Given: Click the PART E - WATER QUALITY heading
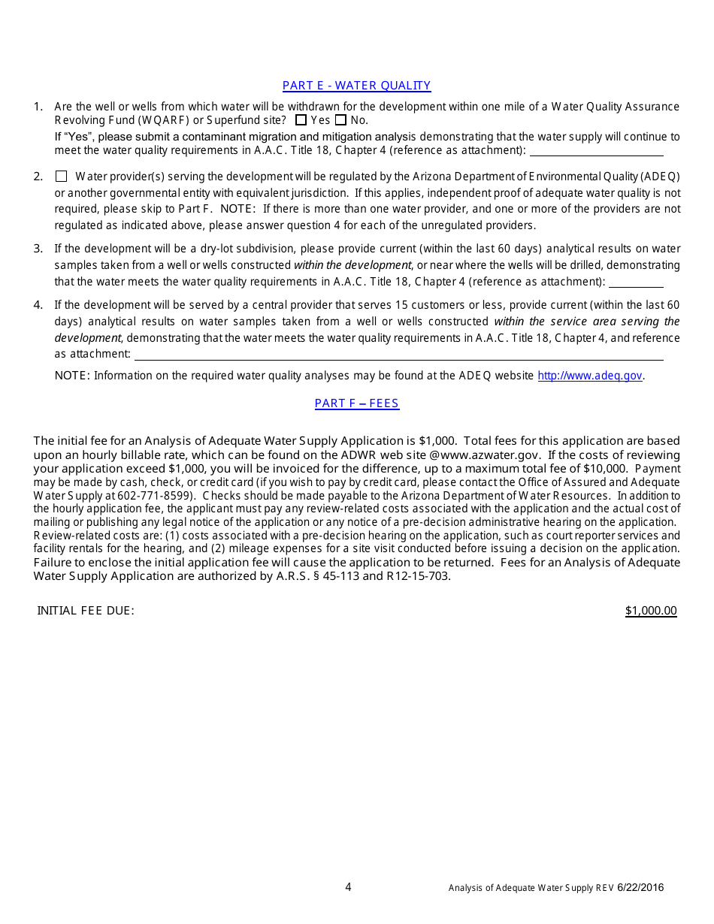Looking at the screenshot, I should click(x=356, y=86).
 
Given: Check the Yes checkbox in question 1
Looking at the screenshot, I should click(x=301, y=120).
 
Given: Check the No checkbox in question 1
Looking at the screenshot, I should click(x=340, y=120).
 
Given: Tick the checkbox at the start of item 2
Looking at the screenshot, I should click(x=62, y=177).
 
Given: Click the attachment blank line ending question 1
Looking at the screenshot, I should click(x=596, y=152).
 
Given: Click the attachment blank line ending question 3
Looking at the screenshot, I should click(x=636, y=282).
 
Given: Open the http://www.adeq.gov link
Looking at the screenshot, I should click(x=590, y=376).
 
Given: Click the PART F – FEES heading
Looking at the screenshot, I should click(x=356, y=403).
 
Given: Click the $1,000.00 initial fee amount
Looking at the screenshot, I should click(x=651, y=611).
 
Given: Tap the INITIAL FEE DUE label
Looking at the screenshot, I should click(x=86, y=611).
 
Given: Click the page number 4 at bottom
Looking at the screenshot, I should click(x=348, y=887).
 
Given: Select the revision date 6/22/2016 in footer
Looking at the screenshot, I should click(x=641, y=888).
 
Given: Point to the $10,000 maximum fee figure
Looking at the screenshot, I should click(x=605, y=468).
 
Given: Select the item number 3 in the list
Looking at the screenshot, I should click(x=38, y=249).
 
